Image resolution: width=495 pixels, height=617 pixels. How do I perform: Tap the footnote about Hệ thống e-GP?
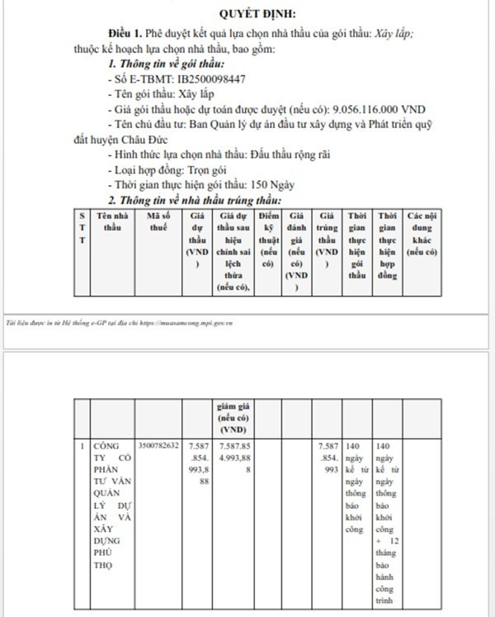click(122, 324)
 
